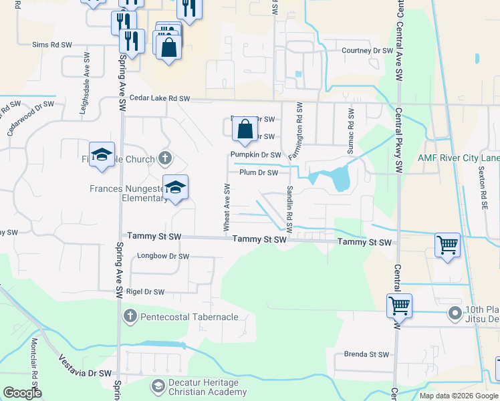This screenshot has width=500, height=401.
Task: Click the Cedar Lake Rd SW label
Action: point(160,98)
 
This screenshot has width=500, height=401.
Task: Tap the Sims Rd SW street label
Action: point(51,45)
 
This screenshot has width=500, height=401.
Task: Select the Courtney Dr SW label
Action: point(367,50)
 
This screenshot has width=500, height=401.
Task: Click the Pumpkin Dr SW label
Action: point(255,154)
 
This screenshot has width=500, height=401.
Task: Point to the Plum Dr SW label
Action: point(258,172)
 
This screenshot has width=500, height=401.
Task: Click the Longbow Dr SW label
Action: point(163,256)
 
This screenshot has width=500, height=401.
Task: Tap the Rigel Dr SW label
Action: point(145,292)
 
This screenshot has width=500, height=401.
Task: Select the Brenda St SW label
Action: point(366,354)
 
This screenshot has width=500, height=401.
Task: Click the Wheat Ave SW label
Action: point(227,210)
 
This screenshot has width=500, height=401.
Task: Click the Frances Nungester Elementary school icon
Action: point(175,188)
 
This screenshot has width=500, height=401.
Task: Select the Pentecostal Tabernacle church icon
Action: point(130,315)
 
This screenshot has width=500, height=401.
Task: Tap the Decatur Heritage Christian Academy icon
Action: point(158,386)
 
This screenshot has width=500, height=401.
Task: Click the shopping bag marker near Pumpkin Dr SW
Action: point(245,128)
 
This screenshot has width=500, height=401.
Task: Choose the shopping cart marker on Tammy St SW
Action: point(447,245)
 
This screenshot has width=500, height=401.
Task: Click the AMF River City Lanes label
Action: point(459,158)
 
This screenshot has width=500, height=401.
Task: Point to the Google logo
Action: point(22,393)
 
